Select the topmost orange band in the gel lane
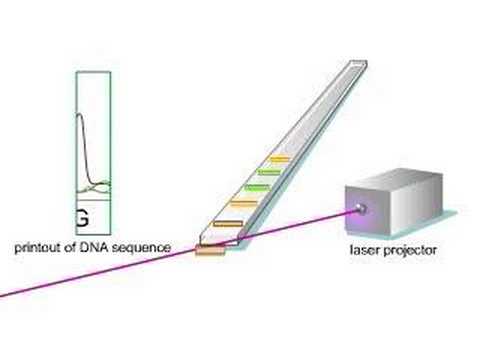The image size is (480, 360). [277, 158]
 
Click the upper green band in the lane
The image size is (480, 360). [266, 172]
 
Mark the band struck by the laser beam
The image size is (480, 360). [210, 249]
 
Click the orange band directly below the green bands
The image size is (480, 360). [243, 203]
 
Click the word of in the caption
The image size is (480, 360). [76, 246]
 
